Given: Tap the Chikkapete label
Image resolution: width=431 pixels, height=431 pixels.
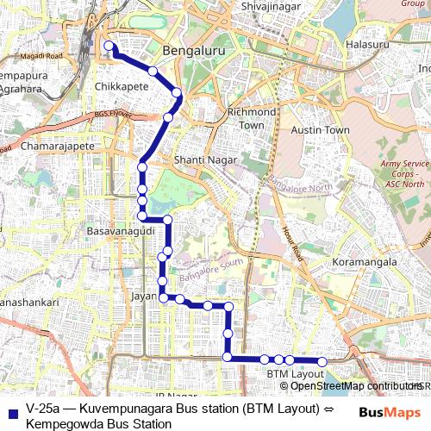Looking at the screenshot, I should [x=122, y=87].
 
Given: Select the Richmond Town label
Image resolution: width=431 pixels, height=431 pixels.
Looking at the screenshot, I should [x=251, y=118].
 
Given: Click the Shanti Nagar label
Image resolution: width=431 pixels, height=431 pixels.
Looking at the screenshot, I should [x=200, y=160].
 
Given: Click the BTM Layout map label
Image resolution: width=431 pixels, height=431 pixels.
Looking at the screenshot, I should [x=295, y=374].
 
